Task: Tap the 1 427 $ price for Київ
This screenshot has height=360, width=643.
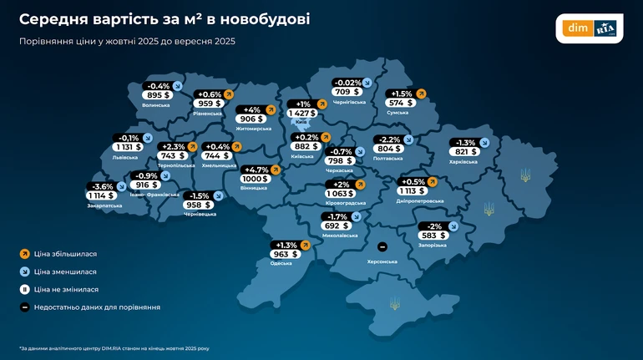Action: pos(301,113)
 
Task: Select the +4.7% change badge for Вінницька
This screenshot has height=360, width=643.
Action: pos(256,170)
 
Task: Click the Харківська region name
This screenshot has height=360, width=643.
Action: pos(464,162)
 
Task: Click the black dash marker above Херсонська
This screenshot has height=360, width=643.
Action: pos(382,247)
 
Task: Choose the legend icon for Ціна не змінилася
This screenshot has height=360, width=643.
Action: pos(24,289)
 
